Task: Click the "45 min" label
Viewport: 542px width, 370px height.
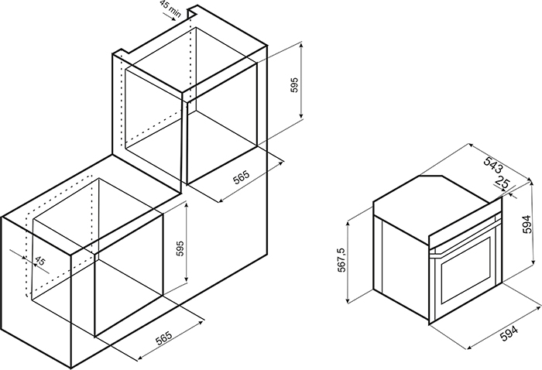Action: coord(170,9)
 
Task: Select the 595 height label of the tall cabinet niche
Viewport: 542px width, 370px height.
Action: coord(294,84)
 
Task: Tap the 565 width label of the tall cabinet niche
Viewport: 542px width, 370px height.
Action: coord(241,177)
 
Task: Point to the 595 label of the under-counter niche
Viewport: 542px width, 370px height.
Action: coord(180,248)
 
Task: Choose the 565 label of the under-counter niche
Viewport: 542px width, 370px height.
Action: coord(163,338)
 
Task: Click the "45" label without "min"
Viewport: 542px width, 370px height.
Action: coord(39,261)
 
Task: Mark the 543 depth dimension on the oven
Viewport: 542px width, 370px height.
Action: coord(493,164)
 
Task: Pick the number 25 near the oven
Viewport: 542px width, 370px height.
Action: coord(503,182)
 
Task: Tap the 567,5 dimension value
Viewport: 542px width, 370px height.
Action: coord(341,260)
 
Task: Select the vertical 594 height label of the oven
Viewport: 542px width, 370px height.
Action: coord(527,224)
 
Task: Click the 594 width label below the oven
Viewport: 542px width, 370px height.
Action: coord(509,334)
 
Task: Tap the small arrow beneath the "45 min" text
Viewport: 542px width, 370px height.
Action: coord(170,17)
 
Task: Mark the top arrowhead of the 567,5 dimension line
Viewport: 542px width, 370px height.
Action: coord(348,224)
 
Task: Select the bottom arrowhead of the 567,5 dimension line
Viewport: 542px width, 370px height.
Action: coord(348,300)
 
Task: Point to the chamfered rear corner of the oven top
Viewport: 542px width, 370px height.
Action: coord(431,176)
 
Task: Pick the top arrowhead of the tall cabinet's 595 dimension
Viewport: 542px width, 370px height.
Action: coord(301,45)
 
